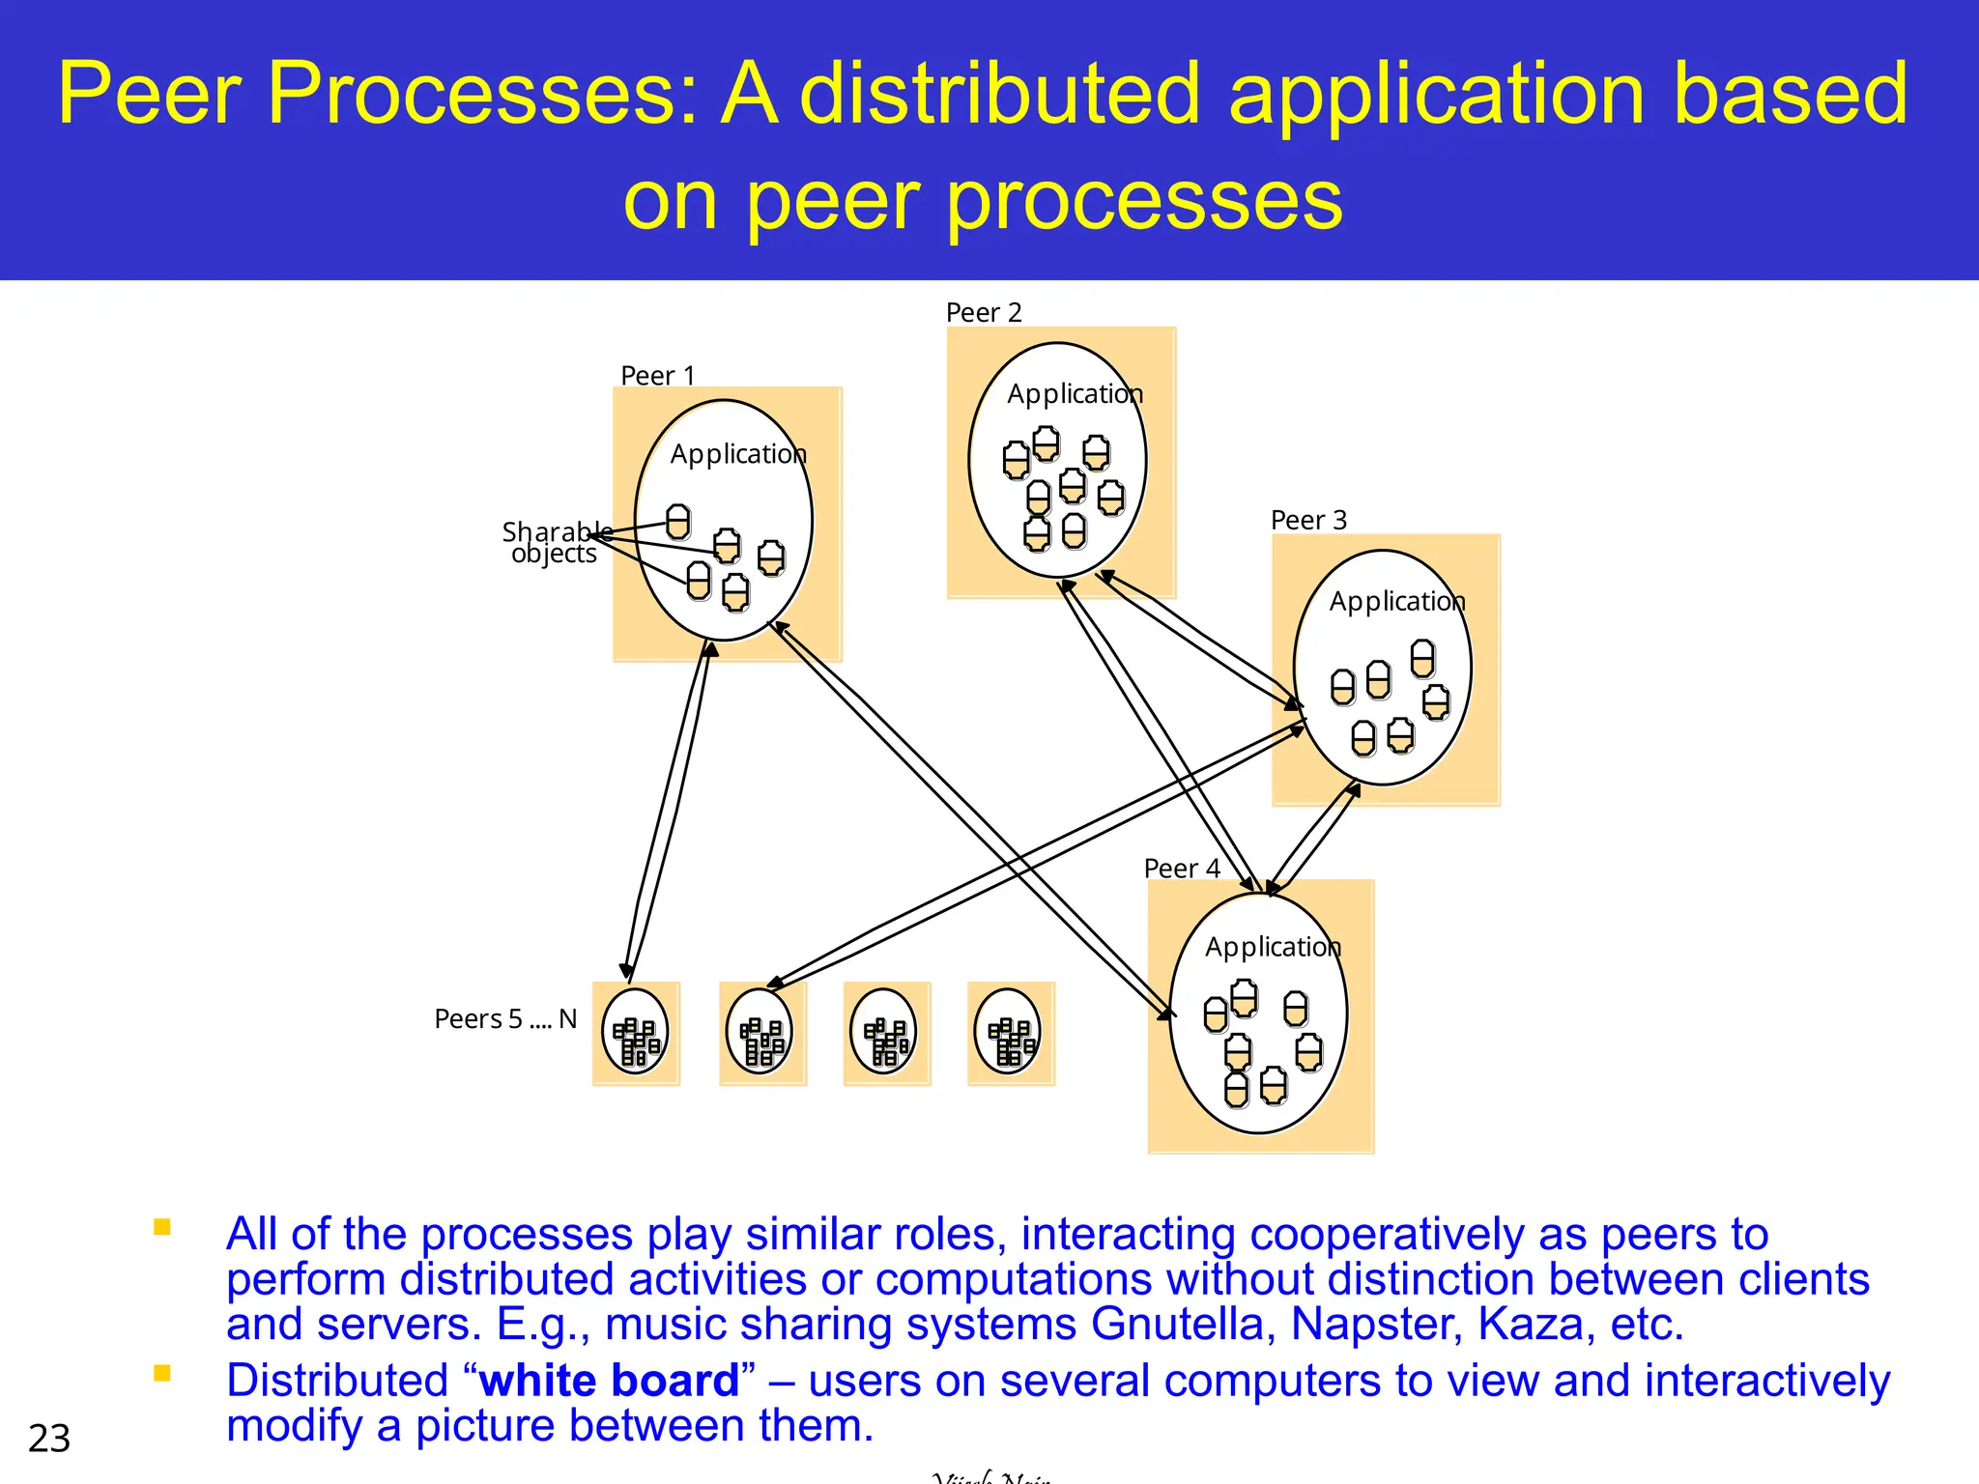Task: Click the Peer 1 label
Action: pos(657,375)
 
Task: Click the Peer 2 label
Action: pos(983,312)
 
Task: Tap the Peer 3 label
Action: pos(1307,520)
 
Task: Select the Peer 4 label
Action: pos(1181,868)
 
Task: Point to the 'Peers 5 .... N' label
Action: pos(504,1019)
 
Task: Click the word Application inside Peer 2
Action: pos(1075,394)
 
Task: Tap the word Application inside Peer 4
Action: pos(1273,947)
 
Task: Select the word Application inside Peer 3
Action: pos(1396,601)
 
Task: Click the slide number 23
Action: pos(49,1439)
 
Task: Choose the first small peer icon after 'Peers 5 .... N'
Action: pos(636,1033)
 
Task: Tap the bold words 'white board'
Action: pos(609,1381)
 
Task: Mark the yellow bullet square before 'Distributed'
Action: pos(162,1373)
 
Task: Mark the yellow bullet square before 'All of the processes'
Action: pos(162,1227)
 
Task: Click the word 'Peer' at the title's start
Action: pos(149,94)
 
